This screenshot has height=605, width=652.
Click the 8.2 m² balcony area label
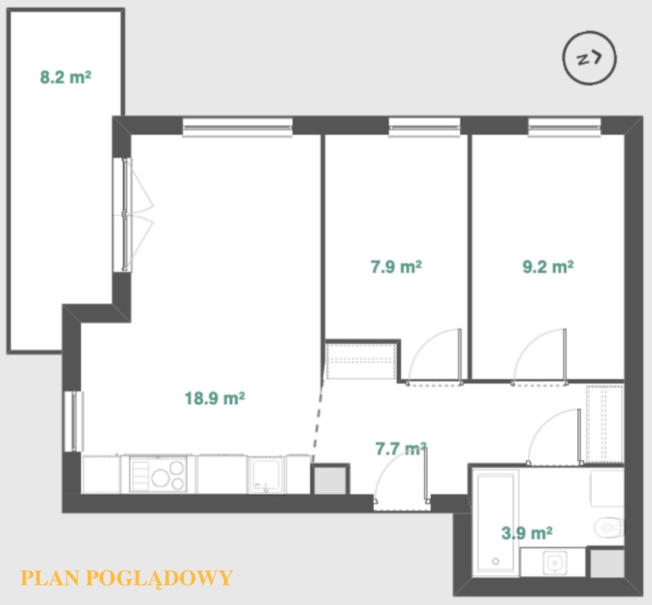[65, 77]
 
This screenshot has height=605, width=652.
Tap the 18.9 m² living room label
[214, 398]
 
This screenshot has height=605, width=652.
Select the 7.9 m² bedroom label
[396, 266]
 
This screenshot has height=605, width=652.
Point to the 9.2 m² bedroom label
[548, 266]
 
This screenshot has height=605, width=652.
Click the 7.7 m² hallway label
[401, 448]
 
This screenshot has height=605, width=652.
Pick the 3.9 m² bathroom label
[527, 533]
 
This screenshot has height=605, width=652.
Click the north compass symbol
[590, 58]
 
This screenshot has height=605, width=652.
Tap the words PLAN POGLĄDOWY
[127, 578]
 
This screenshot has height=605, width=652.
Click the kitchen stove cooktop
[158, 474]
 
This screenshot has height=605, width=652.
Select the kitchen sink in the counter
[266, 475]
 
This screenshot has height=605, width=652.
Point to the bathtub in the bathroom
[495, 522]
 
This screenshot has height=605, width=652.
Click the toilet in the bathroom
[609, 528]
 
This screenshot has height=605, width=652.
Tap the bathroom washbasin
[554, 562]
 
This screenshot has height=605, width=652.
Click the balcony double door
[133, 215]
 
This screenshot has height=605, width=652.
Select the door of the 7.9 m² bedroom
[435, 358]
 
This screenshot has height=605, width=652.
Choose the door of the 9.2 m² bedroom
[539, 358]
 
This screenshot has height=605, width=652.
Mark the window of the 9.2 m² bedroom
[565, 127]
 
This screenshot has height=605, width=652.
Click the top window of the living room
[238, 127]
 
